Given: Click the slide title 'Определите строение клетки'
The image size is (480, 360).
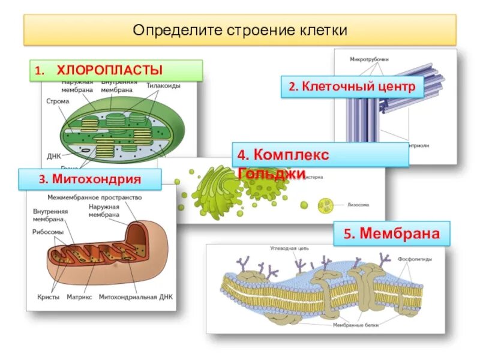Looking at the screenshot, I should (240, 30).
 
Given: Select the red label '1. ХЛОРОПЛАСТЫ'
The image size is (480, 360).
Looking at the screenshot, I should (116, 70).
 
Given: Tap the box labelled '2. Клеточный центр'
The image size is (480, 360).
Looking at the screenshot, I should (352, 87).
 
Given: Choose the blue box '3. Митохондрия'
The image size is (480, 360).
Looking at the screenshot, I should (90, 179).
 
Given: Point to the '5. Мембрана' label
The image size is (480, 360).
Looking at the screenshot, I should (391, 233).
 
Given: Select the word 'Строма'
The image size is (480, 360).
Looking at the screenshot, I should (58, 101).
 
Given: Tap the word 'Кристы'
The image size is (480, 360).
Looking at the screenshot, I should (47, 297).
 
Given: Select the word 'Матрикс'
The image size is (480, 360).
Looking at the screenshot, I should (79, 297).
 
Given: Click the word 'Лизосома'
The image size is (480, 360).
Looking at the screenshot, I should (358, 205).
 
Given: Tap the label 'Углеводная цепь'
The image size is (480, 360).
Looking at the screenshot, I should (289, 247).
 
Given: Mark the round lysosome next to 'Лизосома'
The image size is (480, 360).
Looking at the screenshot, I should (328, 205).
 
